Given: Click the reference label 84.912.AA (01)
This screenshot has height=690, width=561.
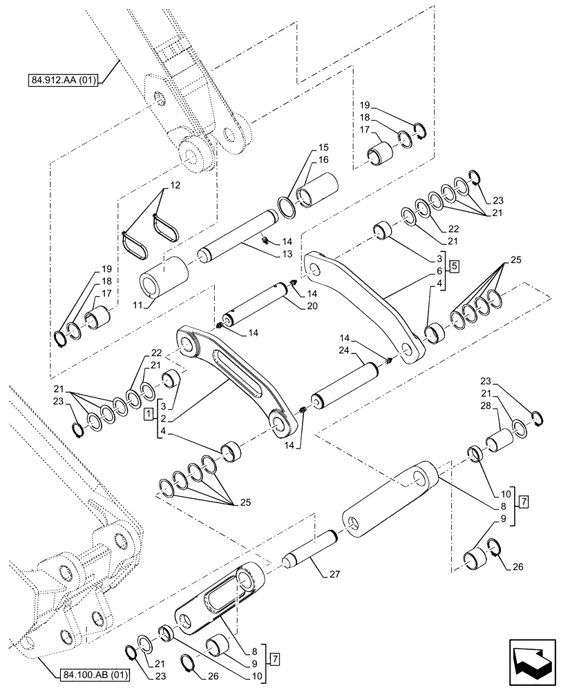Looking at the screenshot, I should pos(64,81).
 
